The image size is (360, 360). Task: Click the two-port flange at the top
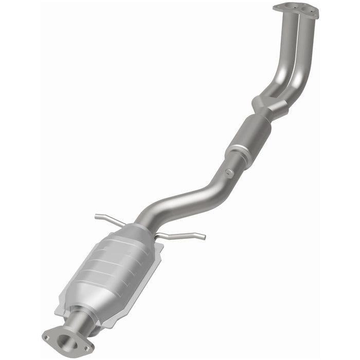296,10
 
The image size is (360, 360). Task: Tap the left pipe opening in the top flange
291,8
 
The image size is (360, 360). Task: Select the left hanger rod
111,219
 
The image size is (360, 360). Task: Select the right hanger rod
180,236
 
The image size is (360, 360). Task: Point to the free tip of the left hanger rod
96,217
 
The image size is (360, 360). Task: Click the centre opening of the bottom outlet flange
65,339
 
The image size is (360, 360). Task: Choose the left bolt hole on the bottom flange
47,338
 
